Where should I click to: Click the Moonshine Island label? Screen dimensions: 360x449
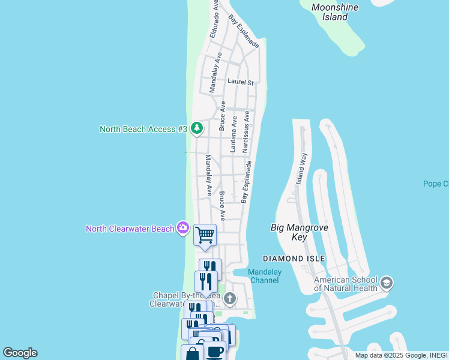[x=335, y=12]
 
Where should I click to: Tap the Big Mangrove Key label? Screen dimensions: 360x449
[x=289, y=232]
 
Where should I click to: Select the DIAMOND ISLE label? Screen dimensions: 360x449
[x=294, y=259]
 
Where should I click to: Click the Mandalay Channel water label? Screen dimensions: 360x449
[x=265, y=276]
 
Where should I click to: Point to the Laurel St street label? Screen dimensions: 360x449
[x=241, y=82]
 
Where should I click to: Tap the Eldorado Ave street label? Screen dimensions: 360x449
[x=215, y=19]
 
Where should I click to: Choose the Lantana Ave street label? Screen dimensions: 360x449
[x=234, y=133]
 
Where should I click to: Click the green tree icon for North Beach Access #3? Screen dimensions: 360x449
[x=196, y=128]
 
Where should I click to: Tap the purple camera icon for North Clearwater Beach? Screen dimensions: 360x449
[x=184, y=228]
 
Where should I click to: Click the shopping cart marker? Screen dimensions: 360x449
[x=205, y=235]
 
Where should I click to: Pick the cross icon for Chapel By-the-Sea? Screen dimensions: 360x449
[x=229, y=298]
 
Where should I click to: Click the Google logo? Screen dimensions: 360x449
[x=20, y=353]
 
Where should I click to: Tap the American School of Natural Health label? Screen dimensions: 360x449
[x=347, y=284]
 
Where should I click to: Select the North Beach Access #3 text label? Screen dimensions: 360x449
[x=143, y=129]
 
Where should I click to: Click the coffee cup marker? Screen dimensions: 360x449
[x=215, y=351]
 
